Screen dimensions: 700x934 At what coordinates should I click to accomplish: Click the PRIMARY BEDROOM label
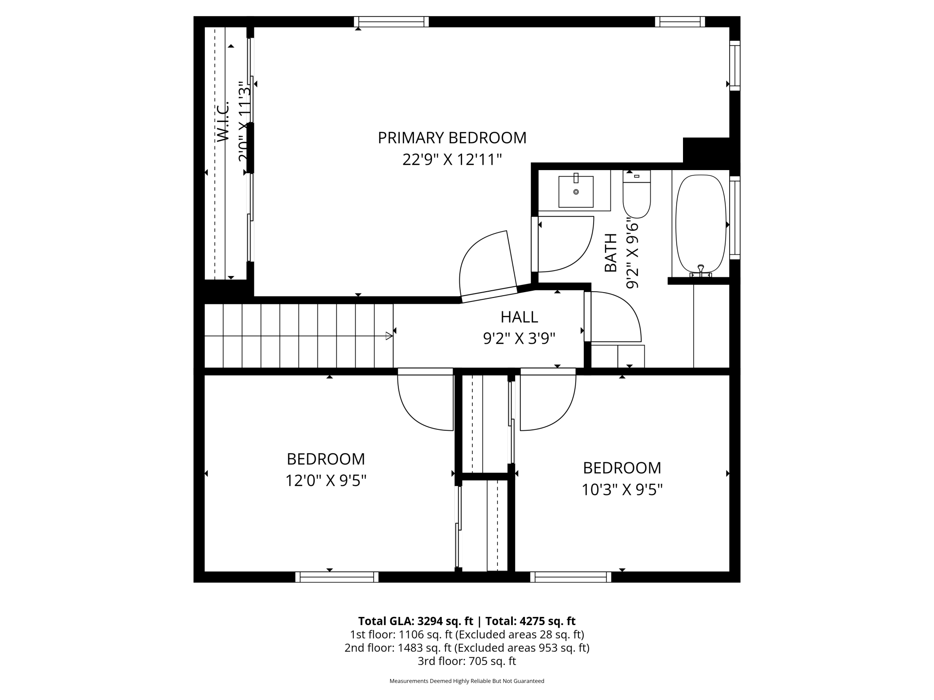pos(452,138)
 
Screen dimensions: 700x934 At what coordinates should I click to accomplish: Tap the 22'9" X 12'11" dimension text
pos(452,160)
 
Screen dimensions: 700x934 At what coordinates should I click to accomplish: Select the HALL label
pos(519,317)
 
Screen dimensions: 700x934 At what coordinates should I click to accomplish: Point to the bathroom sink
pos(576,192)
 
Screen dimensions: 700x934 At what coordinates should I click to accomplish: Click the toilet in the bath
pos(636,197)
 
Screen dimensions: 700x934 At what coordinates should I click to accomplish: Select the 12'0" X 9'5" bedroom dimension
pos(326,481)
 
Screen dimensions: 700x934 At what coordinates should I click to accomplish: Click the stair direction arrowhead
pos(389,336)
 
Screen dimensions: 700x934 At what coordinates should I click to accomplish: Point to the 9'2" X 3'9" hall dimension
pos(519,338)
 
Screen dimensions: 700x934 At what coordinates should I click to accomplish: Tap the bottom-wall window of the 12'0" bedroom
pos(337,577)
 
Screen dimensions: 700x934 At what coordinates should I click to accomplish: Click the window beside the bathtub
pos(735,218)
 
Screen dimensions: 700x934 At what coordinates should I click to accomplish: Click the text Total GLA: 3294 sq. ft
pos(415,621)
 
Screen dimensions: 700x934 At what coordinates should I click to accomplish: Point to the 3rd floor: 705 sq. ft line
pos(467,661)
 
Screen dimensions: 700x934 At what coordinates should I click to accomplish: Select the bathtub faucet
pos(700,271)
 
